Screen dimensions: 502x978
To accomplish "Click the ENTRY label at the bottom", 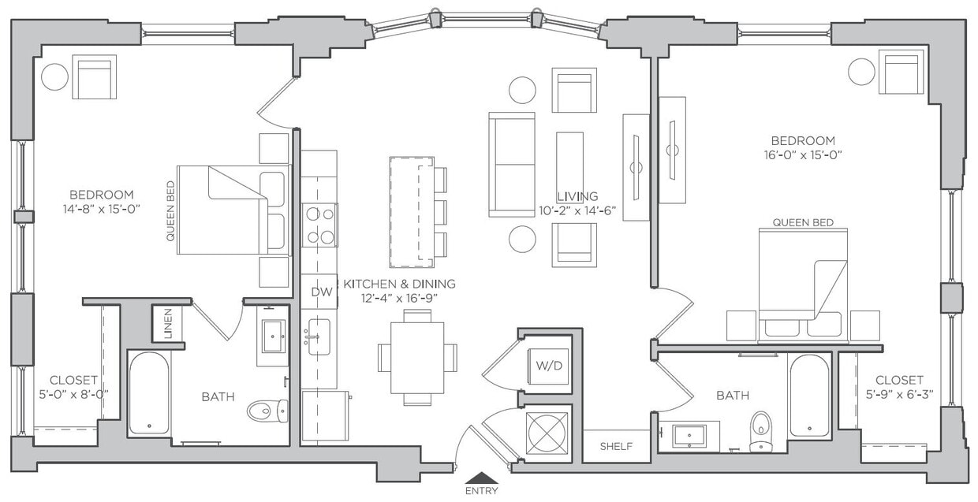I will pos(481,491).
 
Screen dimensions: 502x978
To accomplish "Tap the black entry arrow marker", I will pos(481,477).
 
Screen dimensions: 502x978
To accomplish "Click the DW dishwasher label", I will pos(320,292).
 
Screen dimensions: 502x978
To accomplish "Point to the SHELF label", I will pos(616,446).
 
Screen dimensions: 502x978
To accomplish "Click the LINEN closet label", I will pos(168,323).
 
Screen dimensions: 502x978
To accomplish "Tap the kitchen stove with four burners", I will pos(319,225).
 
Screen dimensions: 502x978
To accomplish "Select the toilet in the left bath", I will pos(267,410).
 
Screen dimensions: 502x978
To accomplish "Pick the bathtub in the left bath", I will pos(149,392).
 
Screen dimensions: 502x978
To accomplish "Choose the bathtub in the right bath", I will pos(809,395).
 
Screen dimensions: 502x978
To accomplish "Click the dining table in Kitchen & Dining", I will pos(417,357).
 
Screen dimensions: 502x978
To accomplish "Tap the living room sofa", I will pos(512,164).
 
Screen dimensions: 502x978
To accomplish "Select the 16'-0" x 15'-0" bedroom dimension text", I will pos(804,154).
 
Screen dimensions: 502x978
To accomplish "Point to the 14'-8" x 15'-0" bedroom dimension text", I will pos(101,209).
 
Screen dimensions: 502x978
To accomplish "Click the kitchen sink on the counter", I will pos(319,337).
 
